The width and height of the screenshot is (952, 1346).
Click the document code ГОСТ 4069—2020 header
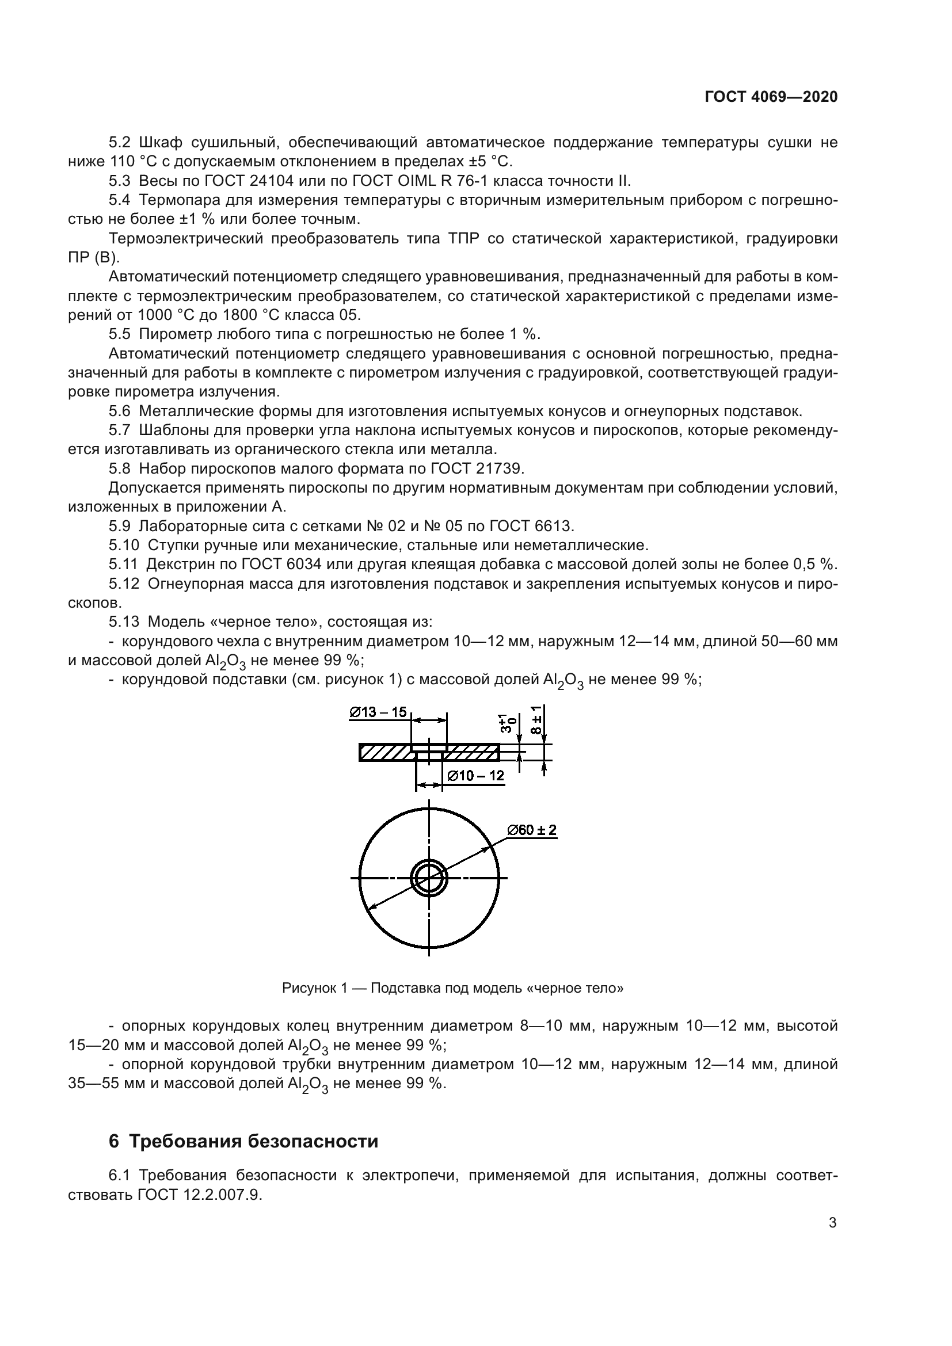tap(771, 97)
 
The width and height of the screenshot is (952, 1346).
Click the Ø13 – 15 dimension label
tap(378, 712)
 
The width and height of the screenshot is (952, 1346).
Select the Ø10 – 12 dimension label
tap(475, 776)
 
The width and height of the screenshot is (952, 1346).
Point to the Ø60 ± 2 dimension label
tap(532, 830)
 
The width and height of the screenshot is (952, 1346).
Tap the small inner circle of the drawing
tap(429, 878)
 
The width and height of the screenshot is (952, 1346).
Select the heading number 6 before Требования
tap(114, 1141)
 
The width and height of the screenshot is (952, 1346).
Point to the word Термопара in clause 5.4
tap(177, 200)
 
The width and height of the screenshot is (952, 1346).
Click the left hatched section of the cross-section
tap(385, 752)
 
